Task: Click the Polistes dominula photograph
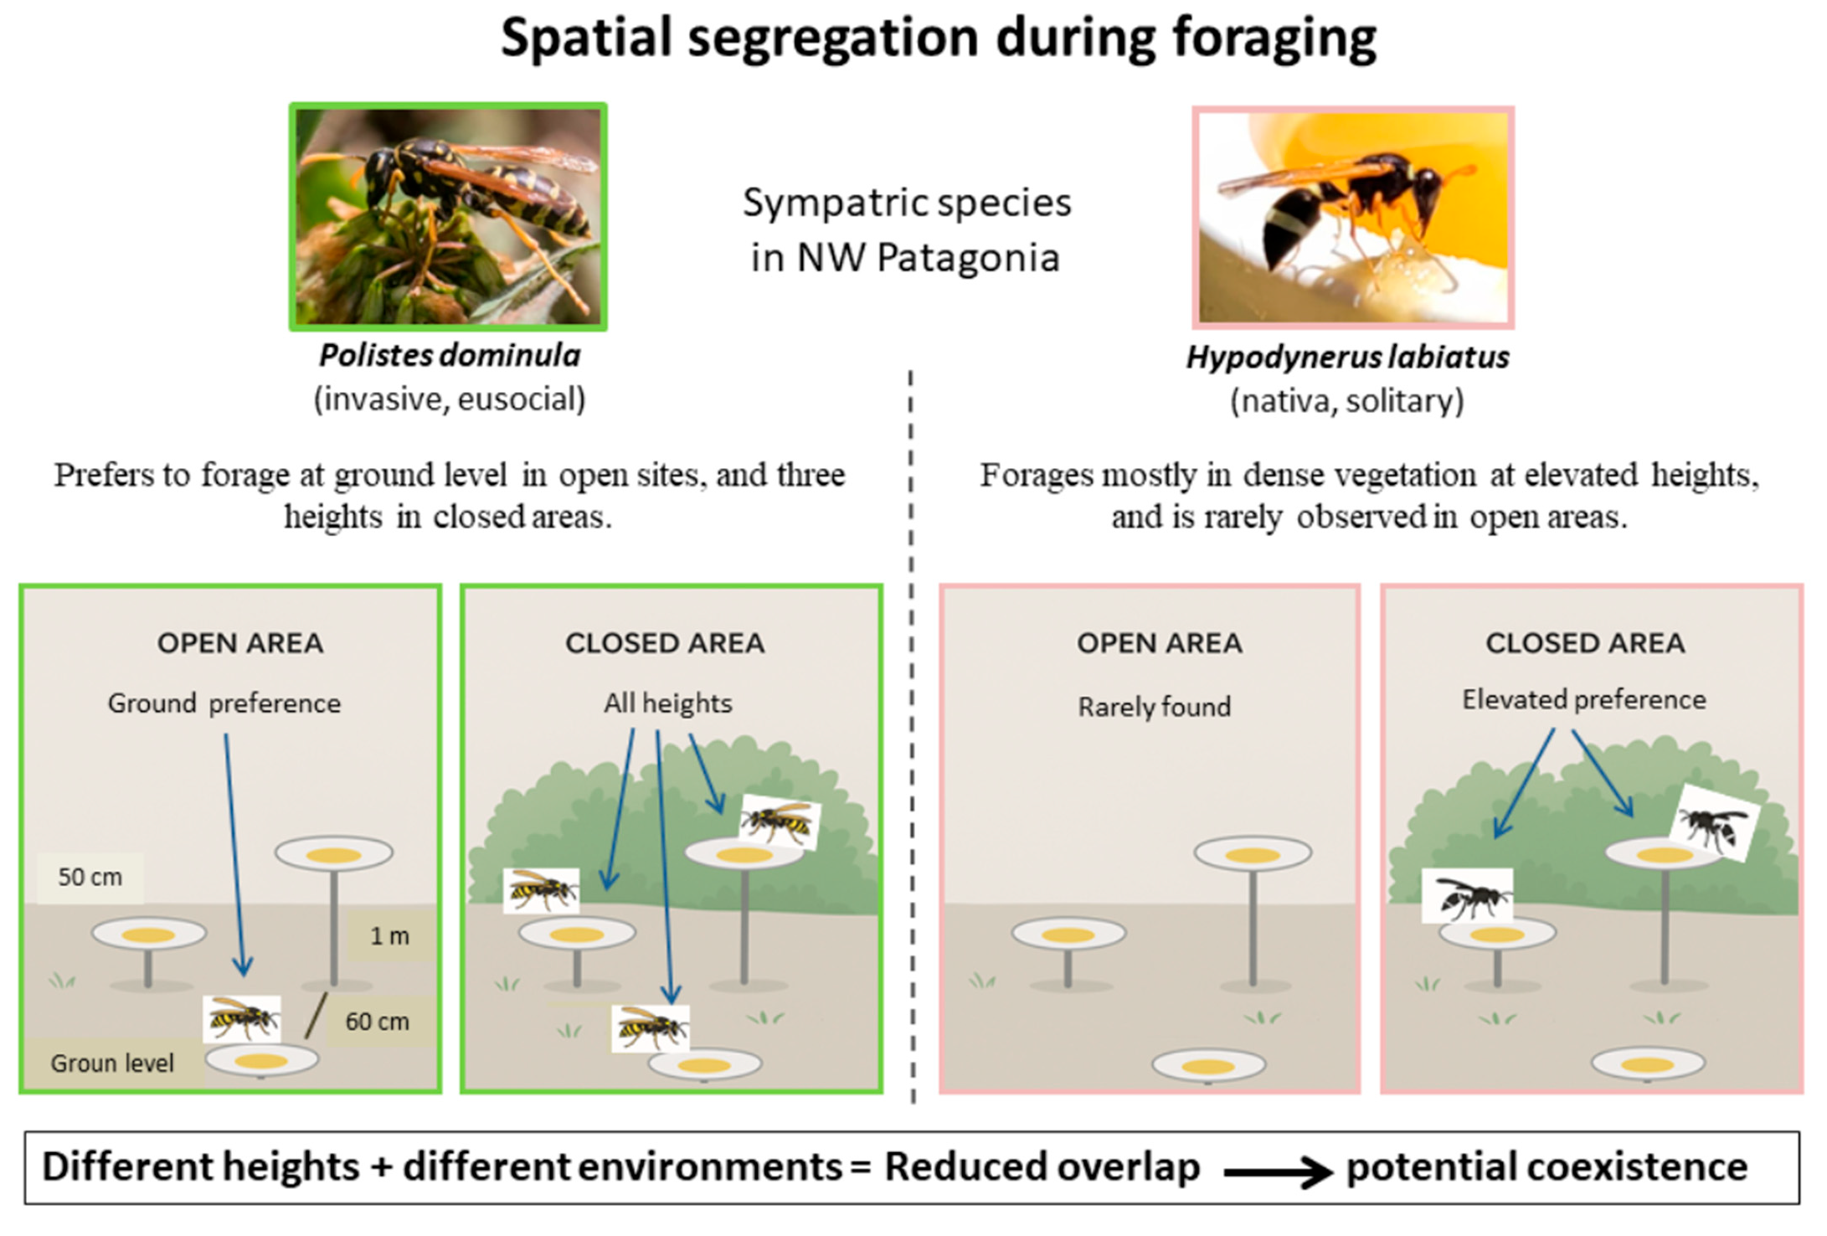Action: click(448, 216)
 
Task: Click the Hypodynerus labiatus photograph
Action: click(1353, 217)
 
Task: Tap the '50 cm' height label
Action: click(90, 877)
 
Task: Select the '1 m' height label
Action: click(389, 935)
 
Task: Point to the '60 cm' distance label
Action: click(377, 1022)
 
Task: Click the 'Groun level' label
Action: click(111, 1063)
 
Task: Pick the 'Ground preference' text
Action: click(224, 703)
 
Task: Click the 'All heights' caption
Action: click(667, 703)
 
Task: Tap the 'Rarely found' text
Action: click(1154, 707)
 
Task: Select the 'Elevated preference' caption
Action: click(1583, 699)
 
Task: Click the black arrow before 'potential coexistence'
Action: click(1277, 1172)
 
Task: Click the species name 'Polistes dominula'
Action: click(450, 355)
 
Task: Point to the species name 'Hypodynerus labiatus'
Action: click(1347, 358)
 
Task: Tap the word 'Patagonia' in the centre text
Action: click(968, 258)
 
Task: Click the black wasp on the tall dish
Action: click(1713, 823)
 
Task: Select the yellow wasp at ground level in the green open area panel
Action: click(242, 1018)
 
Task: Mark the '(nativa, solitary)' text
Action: click(1346, 401)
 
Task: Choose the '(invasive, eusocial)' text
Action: click(450, 399)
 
